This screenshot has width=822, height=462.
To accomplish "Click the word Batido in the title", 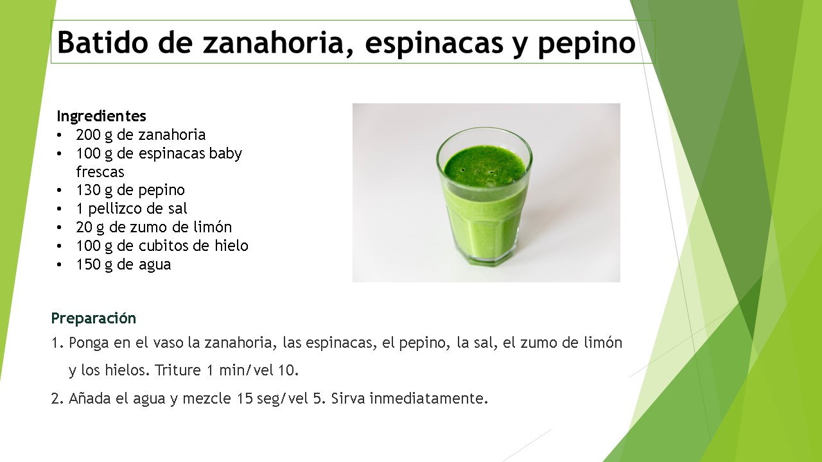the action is pyautogui.click(x=103, y=42).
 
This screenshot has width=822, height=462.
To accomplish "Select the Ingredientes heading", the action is pyautogui.click(x=101, y=116).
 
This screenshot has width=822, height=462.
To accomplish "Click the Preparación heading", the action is pyautogui.click(x=94, y=318).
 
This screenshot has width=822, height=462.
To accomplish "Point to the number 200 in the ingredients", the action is pyautogui.click(x=88, y=135).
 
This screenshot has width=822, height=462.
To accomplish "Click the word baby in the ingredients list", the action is pyautogui.click(x=225, y=153).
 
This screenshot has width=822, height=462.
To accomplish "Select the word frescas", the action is pyautogui.click(x=100, y=171).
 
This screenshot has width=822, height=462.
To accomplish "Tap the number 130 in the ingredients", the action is pyautogui.click(x=88, y=190).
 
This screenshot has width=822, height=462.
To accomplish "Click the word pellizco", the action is pyautogui.click(x=115, y=209).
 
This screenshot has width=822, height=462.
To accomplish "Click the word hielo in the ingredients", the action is pyautogui.click(x=232, y=245).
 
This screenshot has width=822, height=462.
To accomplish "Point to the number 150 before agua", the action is pyautogui.click(x=88, y=264).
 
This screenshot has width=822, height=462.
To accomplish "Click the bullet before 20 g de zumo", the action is pyautogui.click(x=60, y=228).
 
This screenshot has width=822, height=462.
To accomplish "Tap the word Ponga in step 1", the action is pyautogui.click(x=89, y=343).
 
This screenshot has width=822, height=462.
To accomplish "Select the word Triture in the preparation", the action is pyautogui.click(x=177, y=370).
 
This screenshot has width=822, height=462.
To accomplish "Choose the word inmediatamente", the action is pyautogui.click(x=428, y=398).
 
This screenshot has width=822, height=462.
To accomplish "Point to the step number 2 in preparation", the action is pyautogui.click(x=56, y=398).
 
